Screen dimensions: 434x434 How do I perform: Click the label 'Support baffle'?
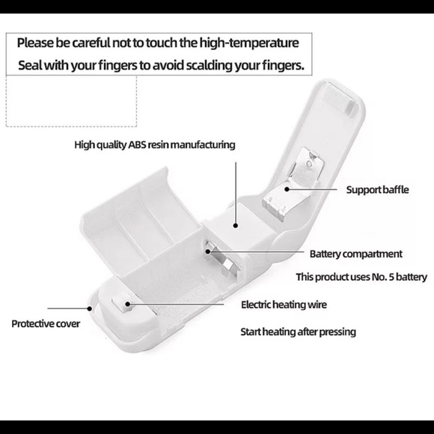[x=377, y=190]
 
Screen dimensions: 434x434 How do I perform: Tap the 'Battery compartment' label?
[x=355, y=254]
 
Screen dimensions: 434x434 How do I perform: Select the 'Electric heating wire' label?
[x=284, y=305]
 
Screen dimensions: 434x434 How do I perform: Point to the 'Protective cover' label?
[x=46, y=324]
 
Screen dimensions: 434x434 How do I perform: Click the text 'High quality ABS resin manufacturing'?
[x=155, y=145]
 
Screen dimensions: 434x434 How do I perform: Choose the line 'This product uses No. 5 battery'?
[x=361, y=277]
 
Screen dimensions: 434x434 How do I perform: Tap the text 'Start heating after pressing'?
[x=298, y=332]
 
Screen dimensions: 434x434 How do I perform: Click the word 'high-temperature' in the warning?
[x=249, y=43]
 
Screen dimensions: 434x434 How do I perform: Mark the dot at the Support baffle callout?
[x=287, y=189]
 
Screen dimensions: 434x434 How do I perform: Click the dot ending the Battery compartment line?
[x=208, y=251]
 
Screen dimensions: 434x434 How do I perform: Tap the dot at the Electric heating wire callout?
[x=128, y=304]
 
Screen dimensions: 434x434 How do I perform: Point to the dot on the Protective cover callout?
[x=89, y=308]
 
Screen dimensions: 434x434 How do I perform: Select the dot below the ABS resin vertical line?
[x=236, y=225]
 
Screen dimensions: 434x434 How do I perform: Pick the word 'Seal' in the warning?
[x=30, y=66]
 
